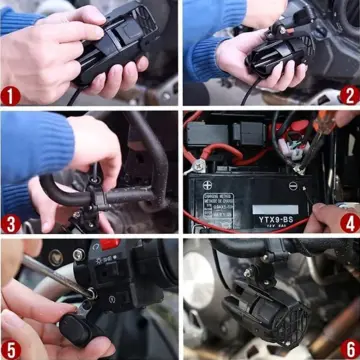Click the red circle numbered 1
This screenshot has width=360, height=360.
click(12, 95)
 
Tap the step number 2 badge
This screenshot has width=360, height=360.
click(348, 95)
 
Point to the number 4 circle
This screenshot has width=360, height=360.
click(348, 222)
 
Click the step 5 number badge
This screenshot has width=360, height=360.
click(12, 348)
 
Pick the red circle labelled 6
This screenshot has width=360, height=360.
click(348, 348)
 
